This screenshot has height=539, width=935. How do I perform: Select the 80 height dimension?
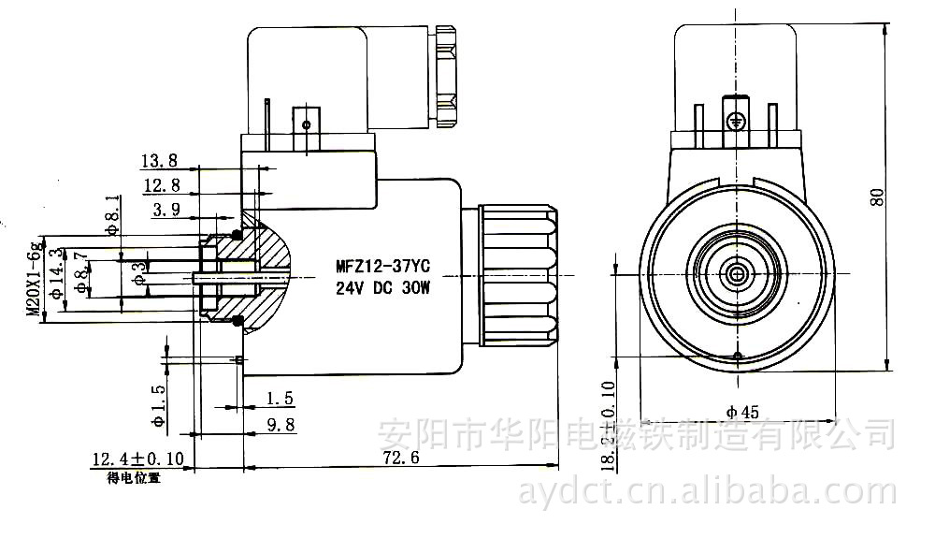tap(876, 197)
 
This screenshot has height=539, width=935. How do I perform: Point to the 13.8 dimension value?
tap(159, 160)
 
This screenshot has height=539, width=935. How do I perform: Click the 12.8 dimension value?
tap(159, 184)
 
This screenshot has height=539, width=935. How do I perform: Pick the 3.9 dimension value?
tap(165, 210)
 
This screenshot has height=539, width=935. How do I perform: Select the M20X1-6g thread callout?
tap(34, 277)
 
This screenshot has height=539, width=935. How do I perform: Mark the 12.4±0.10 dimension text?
tap(137, 459)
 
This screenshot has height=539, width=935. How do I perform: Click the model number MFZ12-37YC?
tap(382, 265)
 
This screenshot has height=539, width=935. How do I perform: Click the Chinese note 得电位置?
tap(134, 477)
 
